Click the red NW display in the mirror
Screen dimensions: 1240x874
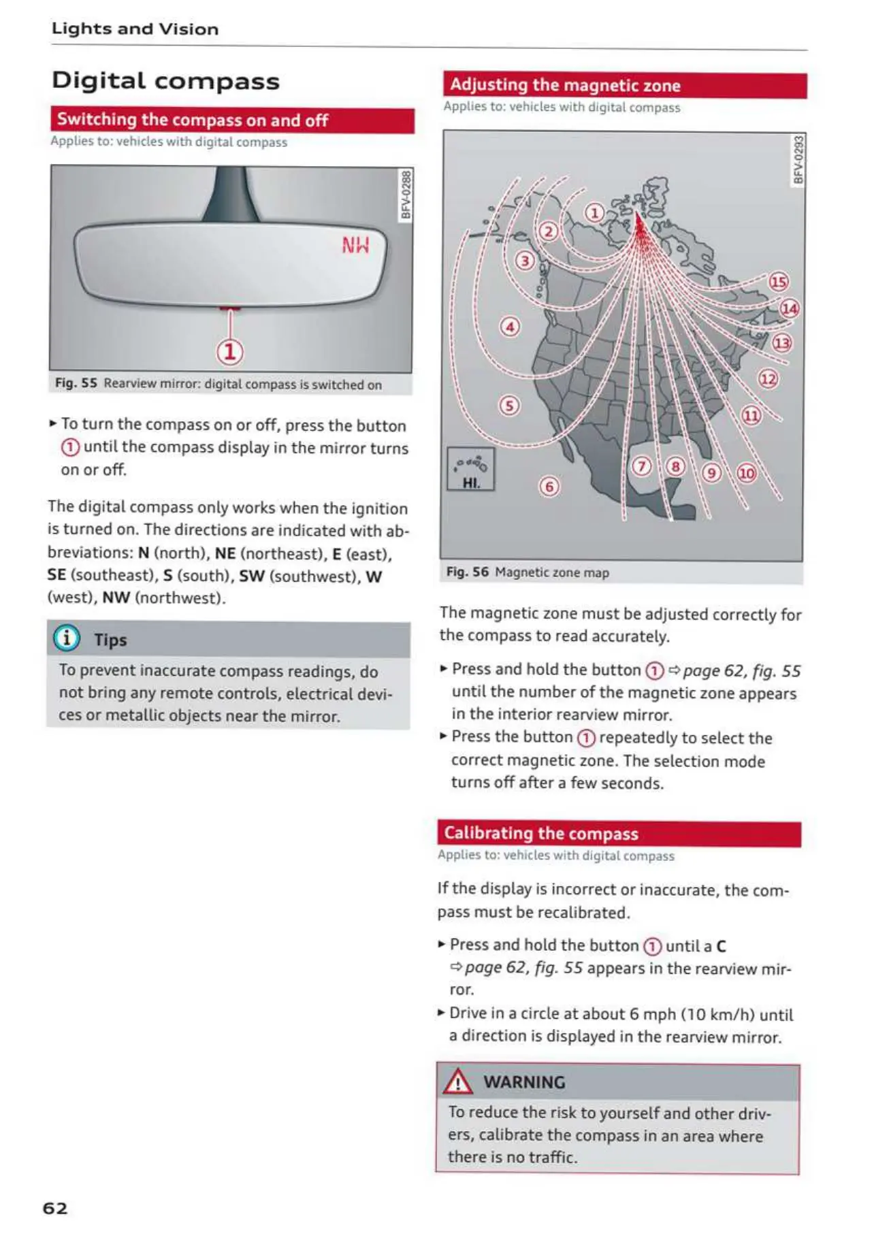coord(355,245)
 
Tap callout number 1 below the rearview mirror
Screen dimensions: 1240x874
coord(230,351)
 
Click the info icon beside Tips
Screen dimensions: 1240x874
coord(67,638)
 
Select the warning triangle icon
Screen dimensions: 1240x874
coord(458,1081)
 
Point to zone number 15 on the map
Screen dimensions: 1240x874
coord(778,282)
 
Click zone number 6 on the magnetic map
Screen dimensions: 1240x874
coord(549,486)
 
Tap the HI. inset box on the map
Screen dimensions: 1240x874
coord(470,470)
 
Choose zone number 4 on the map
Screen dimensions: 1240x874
coord(510,327)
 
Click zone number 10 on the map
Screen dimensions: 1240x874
coord(747,473)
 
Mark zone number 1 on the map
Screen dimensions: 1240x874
coord(594,213)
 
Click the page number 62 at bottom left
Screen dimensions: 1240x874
coord(55,1208)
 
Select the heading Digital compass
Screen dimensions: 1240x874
coord(165,81)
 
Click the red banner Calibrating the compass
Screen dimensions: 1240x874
coord(618,834)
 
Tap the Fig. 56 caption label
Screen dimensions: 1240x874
coord(467,572)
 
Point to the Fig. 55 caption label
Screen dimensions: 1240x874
coord(76,383)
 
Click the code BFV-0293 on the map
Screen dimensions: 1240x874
coord(798,160)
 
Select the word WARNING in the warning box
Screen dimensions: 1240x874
coord(524,1082)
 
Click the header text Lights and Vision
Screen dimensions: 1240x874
coord(135,29)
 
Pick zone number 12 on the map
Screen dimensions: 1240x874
coord(768,378)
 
